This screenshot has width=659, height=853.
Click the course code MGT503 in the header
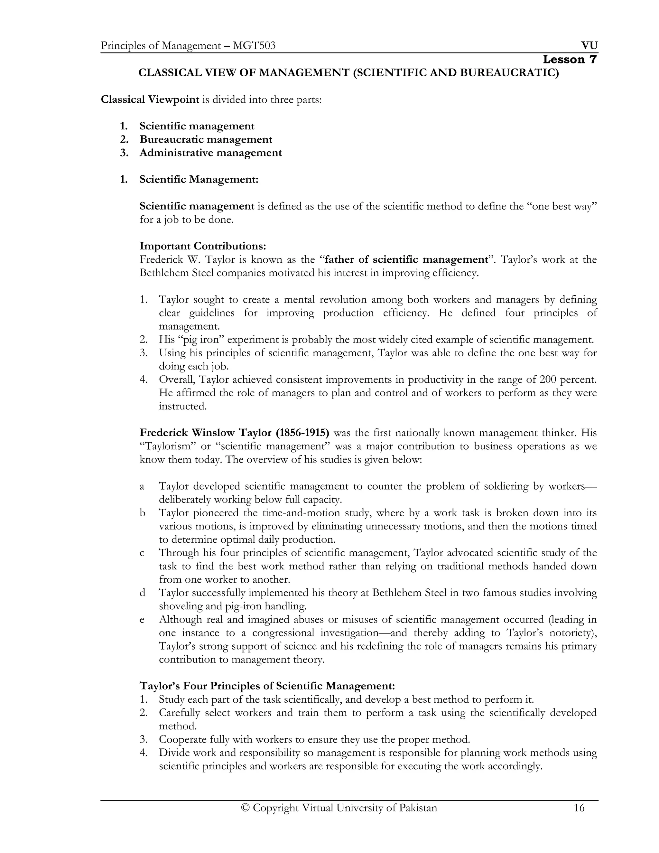click(254, 46)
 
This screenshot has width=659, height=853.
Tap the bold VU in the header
click(589, 46)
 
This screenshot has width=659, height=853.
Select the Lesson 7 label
click(570, 60)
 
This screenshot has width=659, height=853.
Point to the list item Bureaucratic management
click(206, 139)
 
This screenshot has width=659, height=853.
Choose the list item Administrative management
click(210, 153)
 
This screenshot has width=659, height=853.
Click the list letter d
click(143, 593)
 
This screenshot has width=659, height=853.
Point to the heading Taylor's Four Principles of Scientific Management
click(267, 686)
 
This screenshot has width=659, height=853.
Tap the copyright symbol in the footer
click(245, 808)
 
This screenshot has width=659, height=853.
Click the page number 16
click(579, 808)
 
